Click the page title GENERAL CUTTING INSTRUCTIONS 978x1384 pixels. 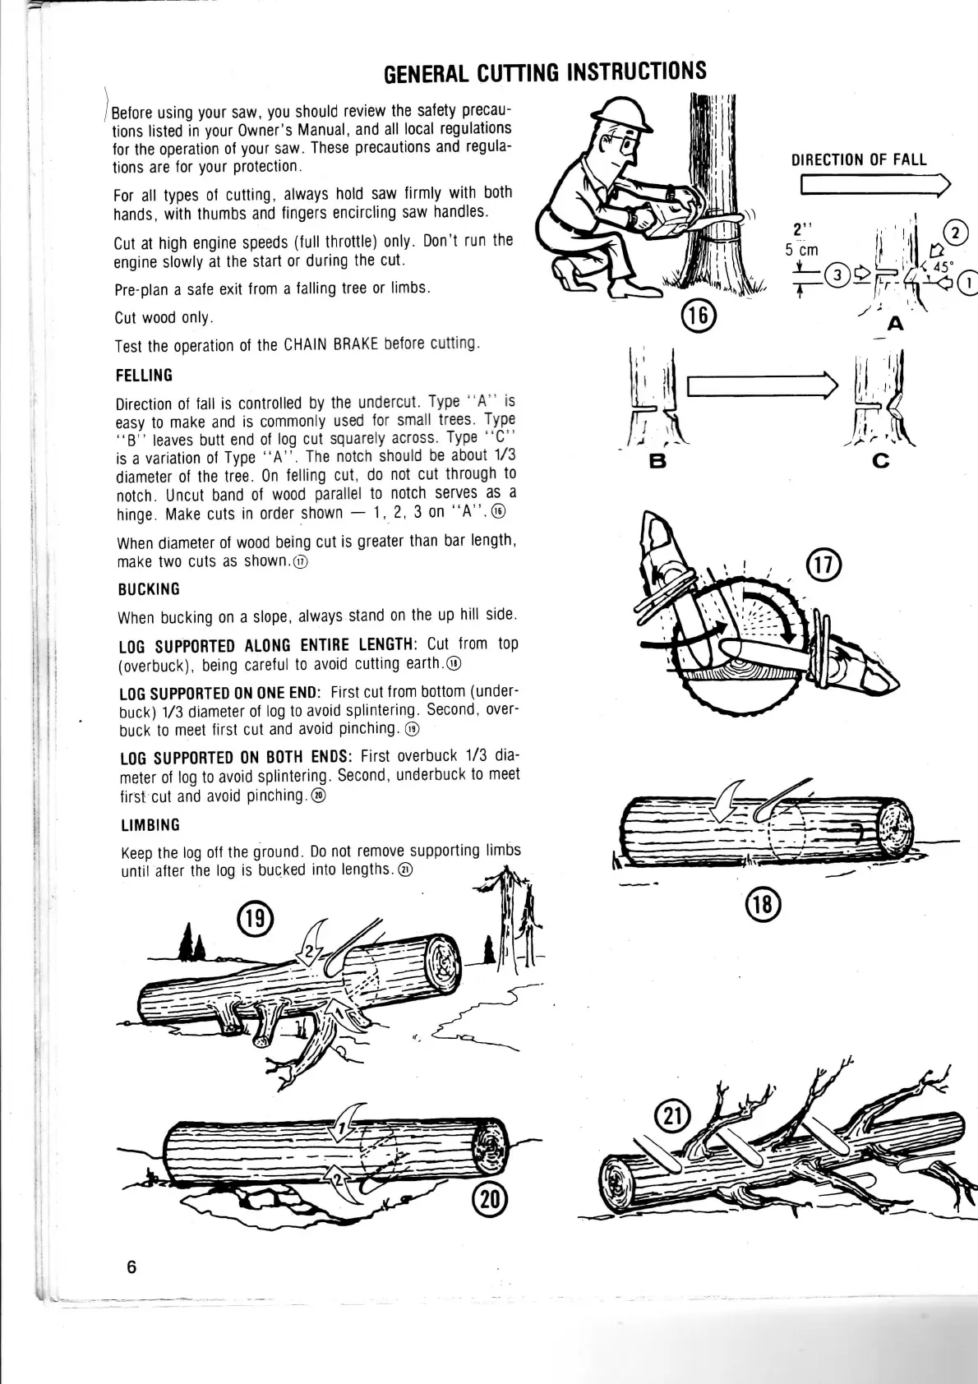[x=545, y=72]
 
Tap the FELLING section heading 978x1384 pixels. [x=145, y=376]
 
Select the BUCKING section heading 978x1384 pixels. [x=149, y=589]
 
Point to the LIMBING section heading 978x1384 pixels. [x=149, y=824]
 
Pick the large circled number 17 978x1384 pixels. [x=821, y=566]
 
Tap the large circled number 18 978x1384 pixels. [x=761, y=905]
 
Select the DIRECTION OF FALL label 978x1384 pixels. [x=858, y=159]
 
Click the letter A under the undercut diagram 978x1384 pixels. [x=895, y=324]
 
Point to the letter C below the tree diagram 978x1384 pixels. [x=881, y=462]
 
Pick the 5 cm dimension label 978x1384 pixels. [x=802, y=250]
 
